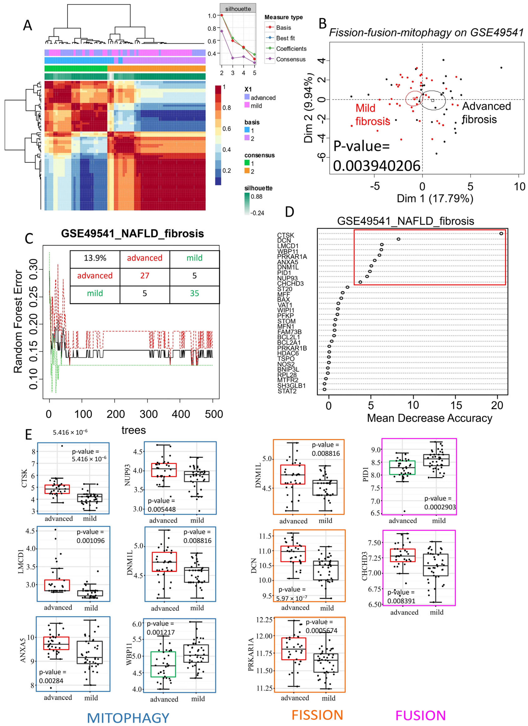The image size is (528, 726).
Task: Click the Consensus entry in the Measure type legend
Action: pyautogui.click(x=290, y=59)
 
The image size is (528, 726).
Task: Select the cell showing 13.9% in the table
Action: pyautogui.click(x=95, y=258)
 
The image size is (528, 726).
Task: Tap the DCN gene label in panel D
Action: pyautogui.click(x=284, y=240)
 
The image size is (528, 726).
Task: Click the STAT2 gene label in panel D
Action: pyautogui.click(x=287, y=391)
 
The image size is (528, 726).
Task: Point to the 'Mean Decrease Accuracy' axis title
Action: pyautogui.click(x=429, y=418)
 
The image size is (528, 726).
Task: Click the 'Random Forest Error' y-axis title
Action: pyautogui.click(x=18, y=321)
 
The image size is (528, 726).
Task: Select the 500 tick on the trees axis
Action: pyautogui.click(x=214, y=414)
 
